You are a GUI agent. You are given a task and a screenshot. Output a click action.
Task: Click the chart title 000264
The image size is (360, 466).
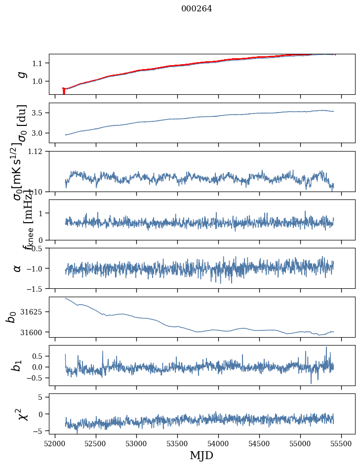197,8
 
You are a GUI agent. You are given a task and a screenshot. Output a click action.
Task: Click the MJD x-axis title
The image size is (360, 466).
201,455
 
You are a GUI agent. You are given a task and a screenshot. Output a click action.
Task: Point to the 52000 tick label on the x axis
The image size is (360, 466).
55,442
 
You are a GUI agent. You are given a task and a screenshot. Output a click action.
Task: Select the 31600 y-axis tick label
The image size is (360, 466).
35,332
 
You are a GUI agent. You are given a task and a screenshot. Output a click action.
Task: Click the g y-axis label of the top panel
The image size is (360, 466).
21,74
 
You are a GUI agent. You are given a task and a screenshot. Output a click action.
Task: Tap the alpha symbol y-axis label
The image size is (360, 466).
18,268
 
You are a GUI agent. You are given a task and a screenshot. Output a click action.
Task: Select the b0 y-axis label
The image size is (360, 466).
11,316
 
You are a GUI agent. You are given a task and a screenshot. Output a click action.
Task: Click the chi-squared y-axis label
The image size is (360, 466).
23,413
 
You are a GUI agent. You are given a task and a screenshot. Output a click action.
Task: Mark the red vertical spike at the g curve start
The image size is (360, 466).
64,91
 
